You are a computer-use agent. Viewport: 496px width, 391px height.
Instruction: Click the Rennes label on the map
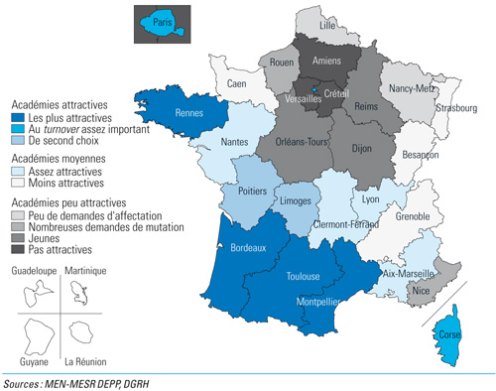[x=188, y=111]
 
